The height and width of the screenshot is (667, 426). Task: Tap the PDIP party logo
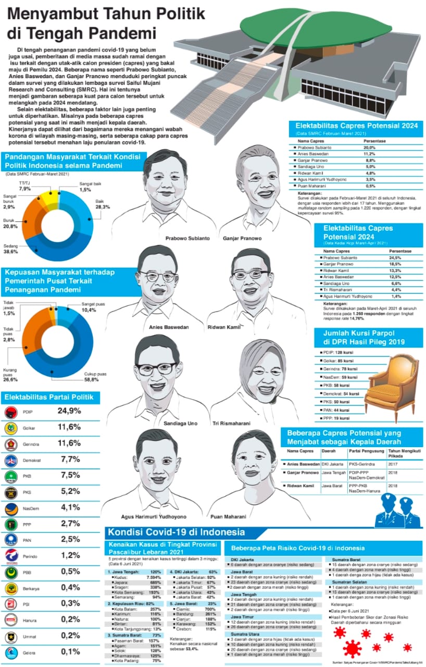tap(10, 412)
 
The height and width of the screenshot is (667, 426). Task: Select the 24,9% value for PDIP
tap(69, 411)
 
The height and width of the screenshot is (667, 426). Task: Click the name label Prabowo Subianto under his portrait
tap(187, 238)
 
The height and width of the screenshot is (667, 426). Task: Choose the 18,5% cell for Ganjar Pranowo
tap(394, 264)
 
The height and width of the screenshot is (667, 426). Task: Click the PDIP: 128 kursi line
tap(339, 353)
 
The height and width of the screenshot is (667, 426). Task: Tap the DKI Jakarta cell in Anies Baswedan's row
tap(331, 464)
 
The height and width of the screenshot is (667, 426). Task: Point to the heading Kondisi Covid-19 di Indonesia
tap(176, 533)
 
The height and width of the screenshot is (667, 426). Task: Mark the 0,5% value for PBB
tap(69, 571)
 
